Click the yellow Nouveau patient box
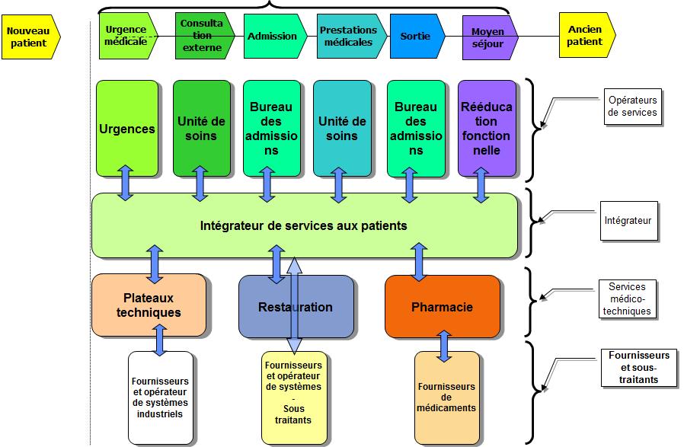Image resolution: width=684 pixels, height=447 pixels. (30, 37)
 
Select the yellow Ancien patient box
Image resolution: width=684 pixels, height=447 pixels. (587, 35)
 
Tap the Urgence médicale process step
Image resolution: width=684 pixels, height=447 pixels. (128, 36)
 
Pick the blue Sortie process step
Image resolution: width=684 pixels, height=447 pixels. (417, 37)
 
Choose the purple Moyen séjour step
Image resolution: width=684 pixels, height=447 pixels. (490, 37)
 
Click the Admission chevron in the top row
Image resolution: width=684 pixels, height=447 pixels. (275, 37)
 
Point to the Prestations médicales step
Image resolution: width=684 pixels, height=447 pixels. (351, 37)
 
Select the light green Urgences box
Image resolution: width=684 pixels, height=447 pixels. (127, 129)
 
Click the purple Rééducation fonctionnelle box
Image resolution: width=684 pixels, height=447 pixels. (487, 129)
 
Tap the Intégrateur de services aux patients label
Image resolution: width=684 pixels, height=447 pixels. (304, 225)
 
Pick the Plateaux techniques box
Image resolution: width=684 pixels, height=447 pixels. (149, 305)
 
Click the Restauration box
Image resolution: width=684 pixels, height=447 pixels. (296, 307)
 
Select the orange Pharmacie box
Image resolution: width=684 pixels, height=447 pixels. (442, 307)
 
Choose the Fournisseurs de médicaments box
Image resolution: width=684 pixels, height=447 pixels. (446, 398)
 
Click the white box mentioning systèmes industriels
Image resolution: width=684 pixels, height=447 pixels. (160, 398)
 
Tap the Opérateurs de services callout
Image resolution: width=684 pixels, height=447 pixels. (632, 107)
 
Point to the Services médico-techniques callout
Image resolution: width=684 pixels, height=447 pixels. (627, 299)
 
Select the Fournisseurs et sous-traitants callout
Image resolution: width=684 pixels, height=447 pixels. (638, 367)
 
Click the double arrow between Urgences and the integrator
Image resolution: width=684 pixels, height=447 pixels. (126, 183)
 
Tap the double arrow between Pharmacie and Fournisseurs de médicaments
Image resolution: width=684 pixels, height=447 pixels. (443, 346)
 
